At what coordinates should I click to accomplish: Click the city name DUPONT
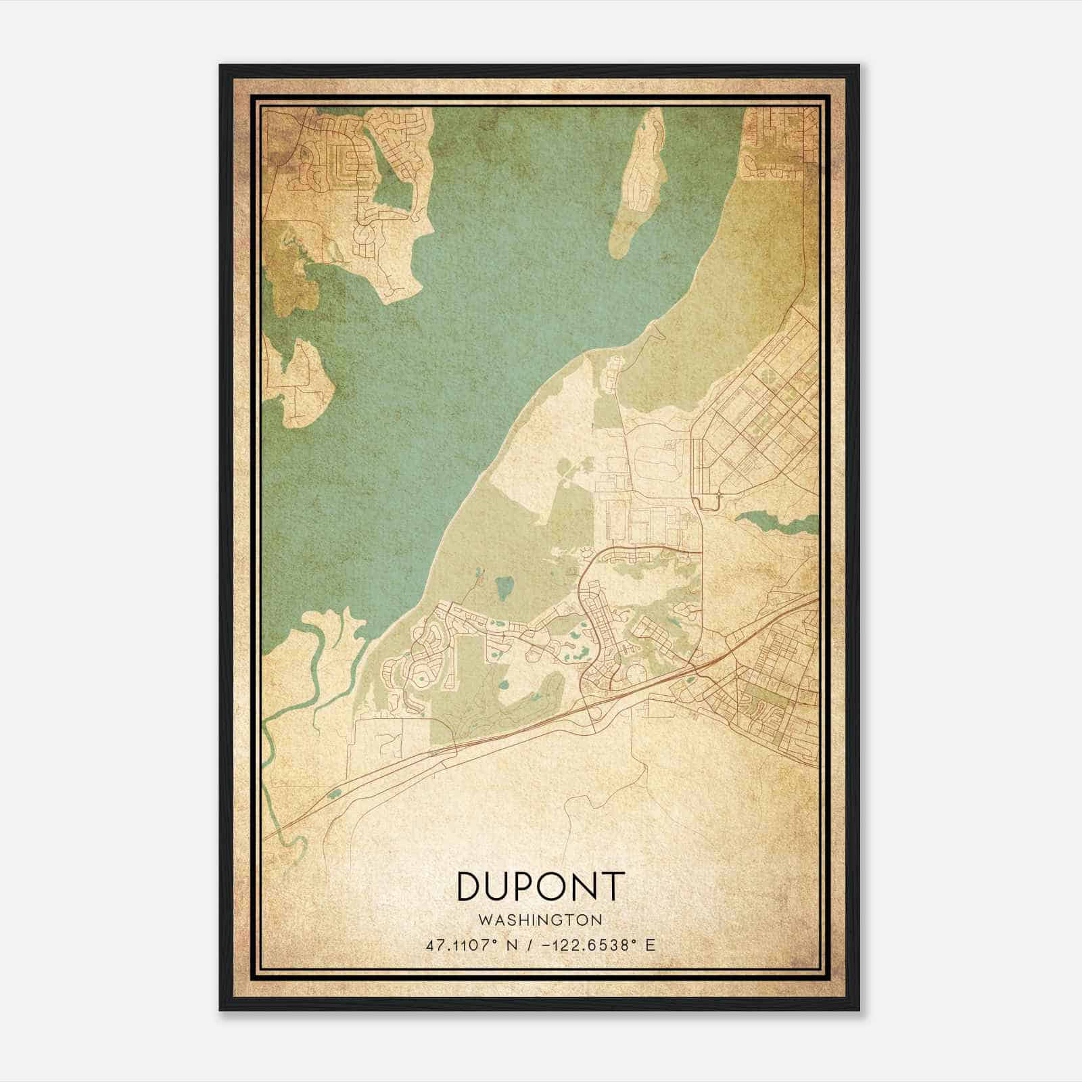click(540, 886)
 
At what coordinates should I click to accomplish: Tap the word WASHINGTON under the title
click(540, 920)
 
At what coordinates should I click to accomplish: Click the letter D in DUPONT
click(471, 886)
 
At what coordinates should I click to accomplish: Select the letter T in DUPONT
click(610, 886)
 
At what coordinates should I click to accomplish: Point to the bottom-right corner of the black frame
click(858, 1009)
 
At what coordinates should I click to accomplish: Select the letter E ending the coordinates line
click(651, 945)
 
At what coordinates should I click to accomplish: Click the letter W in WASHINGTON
click(484, 920)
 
